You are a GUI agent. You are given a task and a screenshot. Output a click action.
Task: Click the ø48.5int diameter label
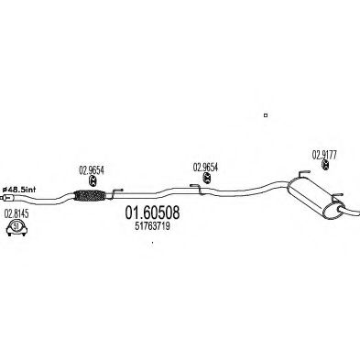pyautogui.click(x=19, y=190)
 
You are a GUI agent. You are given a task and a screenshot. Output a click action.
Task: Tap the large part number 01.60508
pyautogui.click(x=152, y=213)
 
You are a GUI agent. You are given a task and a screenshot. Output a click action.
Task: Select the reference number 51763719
pyautogui.click(x=152, y=226)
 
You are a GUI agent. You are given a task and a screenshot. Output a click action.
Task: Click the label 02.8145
pyautogui.click(x=16, y=214)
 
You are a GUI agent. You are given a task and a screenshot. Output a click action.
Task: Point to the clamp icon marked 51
pyautogui.click(x=16, y=228)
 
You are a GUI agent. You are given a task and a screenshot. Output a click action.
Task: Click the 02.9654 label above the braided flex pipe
pyautogui.click(x=92, y=170)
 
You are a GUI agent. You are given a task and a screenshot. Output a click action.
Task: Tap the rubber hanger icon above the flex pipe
pyautogui.click(x=93, y=181)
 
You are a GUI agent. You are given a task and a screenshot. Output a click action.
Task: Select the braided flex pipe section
pyautogui.click(x=90, y=195)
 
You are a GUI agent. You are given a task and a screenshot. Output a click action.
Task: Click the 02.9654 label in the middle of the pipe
pyautogui.click(x=205, y=167)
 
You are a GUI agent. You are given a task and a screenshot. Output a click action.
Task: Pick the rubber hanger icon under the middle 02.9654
pyautogui.click(x=207, y=178)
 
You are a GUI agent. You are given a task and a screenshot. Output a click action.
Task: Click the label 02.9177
pyautogui.click(x=324, y=156)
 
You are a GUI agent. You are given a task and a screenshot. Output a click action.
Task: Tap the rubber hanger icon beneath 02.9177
pyautogui.click(x=326, y=165)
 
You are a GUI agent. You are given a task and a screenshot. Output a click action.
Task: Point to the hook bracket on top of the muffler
pyautogui.click(x=303, y=173)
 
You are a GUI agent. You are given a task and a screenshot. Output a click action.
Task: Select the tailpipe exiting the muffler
pyautogui.click(x=349, y=211)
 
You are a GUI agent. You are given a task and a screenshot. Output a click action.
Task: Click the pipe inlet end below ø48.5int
pyautogui.click(x=7, y=198)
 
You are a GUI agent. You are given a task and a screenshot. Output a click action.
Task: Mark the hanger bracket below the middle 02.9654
pyautogui.click(x=197, y=189)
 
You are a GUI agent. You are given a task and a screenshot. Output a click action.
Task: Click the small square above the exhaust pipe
pyautogui.click(x=266, y=115)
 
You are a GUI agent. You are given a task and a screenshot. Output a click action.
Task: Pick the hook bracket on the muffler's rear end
pyautogui.click(x=338, y=196)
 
